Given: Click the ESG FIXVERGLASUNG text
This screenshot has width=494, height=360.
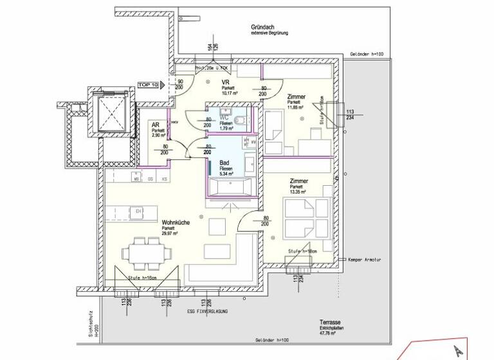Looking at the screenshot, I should click(208, 312).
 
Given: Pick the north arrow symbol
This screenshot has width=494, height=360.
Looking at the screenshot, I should click(457, 350).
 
